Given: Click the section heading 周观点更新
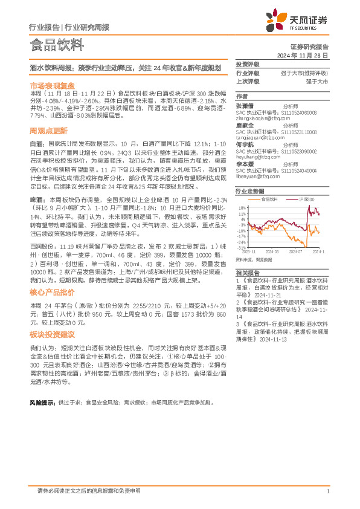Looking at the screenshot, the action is (x=48, y=131).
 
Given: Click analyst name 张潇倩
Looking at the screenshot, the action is (x=246, y=105).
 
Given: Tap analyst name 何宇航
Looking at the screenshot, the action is (x=246, y=145).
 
